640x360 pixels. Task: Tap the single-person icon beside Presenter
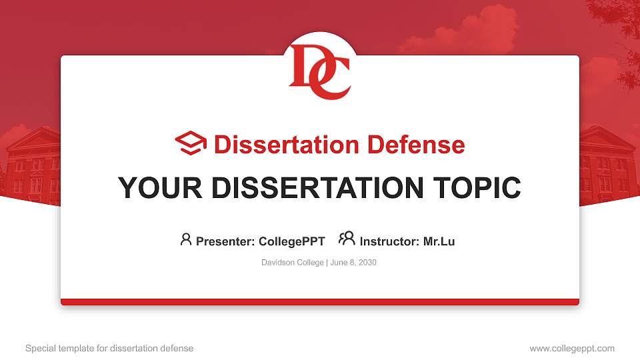[186, 239]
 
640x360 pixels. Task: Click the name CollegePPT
[291, 241]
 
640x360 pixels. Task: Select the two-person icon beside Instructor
[347, 239]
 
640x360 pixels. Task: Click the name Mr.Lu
[439, 241]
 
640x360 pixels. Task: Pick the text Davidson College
[292, 263]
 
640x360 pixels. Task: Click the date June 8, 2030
[353, 263]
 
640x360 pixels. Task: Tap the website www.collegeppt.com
[571, 348]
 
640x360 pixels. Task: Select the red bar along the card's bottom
[320, 302]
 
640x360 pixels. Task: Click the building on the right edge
[608, 163]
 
